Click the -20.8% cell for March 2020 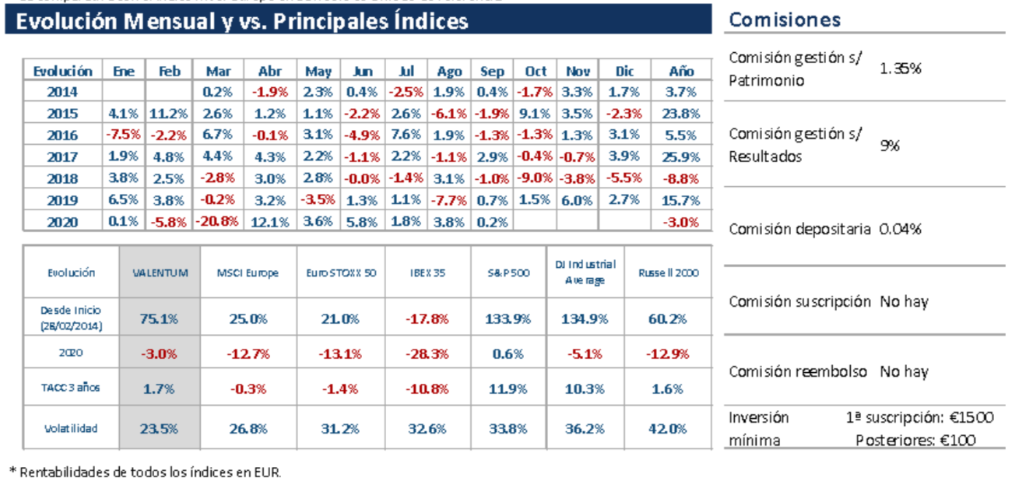tap(217, 222)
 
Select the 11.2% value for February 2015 tap(169, 114)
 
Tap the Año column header tap(681, 71)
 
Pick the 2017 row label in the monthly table tap(62, 156)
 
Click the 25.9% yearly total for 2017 tap(681, 156)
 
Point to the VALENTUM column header tap(160, 272)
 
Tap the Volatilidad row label tap(72, 428)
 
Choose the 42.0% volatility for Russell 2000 tap(667, 428)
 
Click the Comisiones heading tap(785, 19)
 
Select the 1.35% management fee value tap(901, 69)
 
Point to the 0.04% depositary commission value tap(901, 230)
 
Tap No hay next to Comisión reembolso tap(904, 371)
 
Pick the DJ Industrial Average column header tap(585, 272)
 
